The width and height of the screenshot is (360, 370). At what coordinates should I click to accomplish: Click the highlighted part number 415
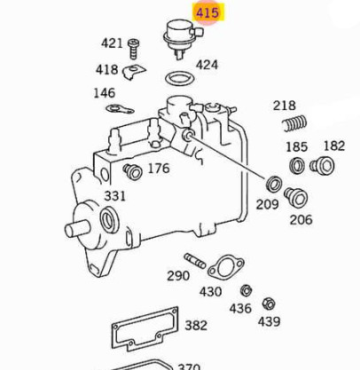(207, 12)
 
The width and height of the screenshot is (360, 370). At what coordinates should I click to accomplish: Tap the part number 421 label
(112, 43)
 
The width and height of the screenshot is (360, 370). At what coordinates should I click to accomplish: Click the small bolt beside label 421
(135, 43)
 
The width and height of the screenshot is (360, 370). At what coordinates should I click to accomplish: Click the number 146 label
(104, 92)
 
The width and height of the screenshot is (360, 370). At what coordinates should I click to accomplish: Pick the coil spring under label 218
(288, 128)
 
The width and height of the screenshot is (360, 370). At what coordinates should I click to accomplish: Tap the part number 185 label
(296, 146)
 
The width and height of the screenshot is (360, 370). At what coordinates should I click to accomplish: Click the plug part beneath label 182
(324, 164)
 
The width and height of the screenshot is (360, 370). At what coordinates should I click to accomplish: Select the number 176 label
(158, 169)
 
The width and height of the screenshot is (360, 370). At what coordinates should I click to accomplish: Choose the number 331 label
(115, 195)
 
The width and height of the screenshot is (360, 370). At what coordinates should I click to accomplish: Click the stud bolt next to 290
(195, 261)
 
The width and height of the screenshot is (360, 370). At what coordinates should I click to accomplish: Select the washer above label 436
(246, 290)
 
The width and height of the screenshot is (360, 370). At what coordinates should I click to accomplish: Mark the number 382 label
(196, 326)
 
